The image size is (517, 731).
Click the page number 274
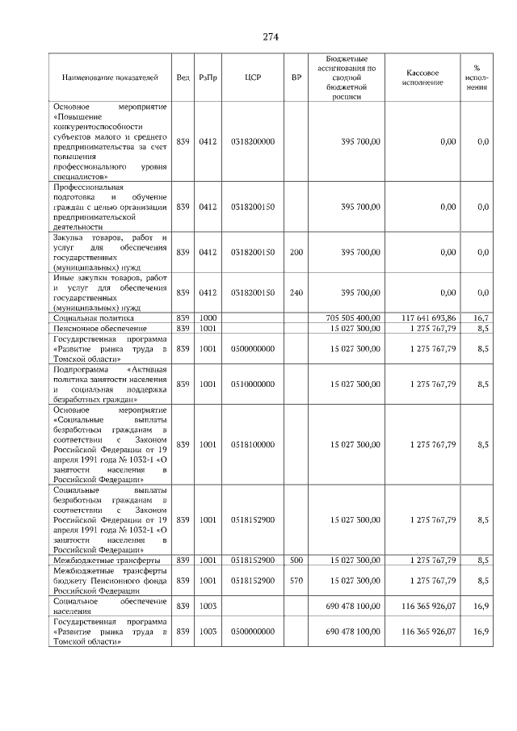[270, 36]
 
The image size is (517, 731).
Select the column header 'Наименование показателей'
[110, 78]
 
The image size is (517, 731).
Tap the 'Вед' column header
[183, 78]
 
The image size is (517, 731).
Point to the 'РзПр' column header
[208, 78]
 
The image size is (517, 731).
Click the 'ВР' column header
[296, 78]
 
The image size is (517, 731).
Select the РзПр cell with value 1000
[208, 318]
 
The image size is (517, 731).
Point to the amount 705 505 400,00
[352, 318]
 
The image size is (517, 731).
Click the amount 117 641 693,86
[428, 318]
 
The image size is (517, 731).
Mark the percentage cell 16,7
[482, 318]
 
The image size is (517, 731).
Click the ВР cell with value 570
[296, 580]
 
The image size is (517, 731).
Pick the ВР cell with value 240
[296, 292]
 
